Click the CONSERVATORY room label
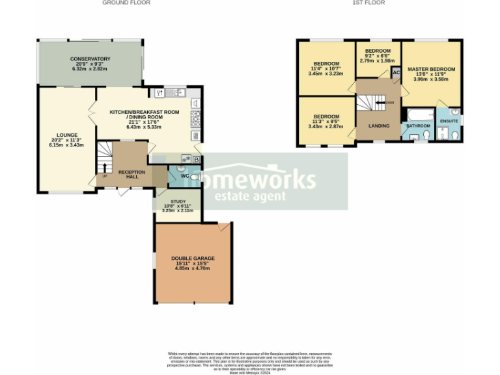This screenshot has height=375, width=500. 90,59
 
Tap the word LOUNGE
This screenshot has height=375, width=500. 67,135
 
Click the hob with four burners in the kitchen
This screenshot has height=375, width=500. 195,118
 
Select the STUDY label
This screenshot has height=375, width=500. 178,202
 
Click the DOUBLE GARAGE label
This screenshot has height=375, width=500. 193,258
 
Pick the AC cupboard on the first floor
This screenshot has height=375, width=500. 395,73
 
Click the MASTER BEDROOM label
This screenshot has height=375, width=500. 431,69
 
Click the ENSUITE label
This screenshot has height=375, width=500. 449,121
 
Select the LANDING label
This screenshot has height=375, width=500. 379,126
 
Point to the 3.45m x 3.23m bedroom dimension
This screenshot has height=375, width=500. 326,74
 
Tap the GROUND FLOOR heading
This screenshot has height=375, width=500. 126,3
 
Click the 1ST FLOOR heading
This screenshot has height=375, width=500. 368,3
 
